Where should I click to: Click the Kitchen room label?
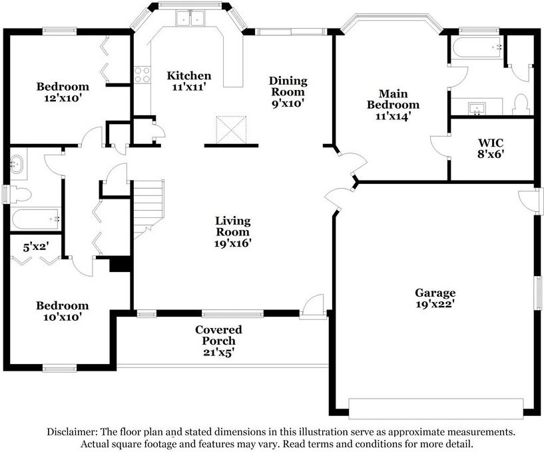click(x=188, y=75)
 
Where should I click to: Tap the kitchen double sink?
click(x=189, y=18)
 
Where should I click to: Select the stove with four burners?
click(x=142, y=75)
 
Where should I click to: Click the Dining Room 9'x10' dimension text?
click(x=288, y=103)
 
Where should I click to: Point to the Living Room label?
click(x=233, y=226)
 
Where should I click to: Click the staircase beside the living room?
click(x=149, y=209)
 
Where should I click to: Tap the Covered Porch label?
click(x=218, y=335)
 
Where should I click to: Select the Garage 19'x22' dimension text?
click(x=435, y=304)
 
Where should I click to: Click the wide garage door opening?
click(x=435, y=409)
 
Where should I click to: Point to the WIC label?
click(x=491, y=143)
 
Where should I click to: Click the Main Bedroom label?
click(x=394, y=99)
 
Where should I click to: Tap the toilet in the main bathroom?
click(x=520, y=104)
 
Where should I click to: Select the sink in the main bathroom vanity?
click(x=477, y=109)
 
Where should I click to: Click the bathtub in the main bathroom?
click(x=477, y=48)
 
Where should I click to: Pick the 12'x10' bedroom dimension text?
click(x=63, y=98)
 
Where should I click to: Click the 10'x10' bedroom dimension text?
click(x=63, y=317)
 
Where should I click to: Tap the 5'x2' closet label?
click(x=35, y=247)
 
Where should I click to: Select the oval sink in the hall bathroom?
click(x=16, y=163)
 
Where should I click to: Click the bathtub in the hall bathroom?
click(x=36, y=219)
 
